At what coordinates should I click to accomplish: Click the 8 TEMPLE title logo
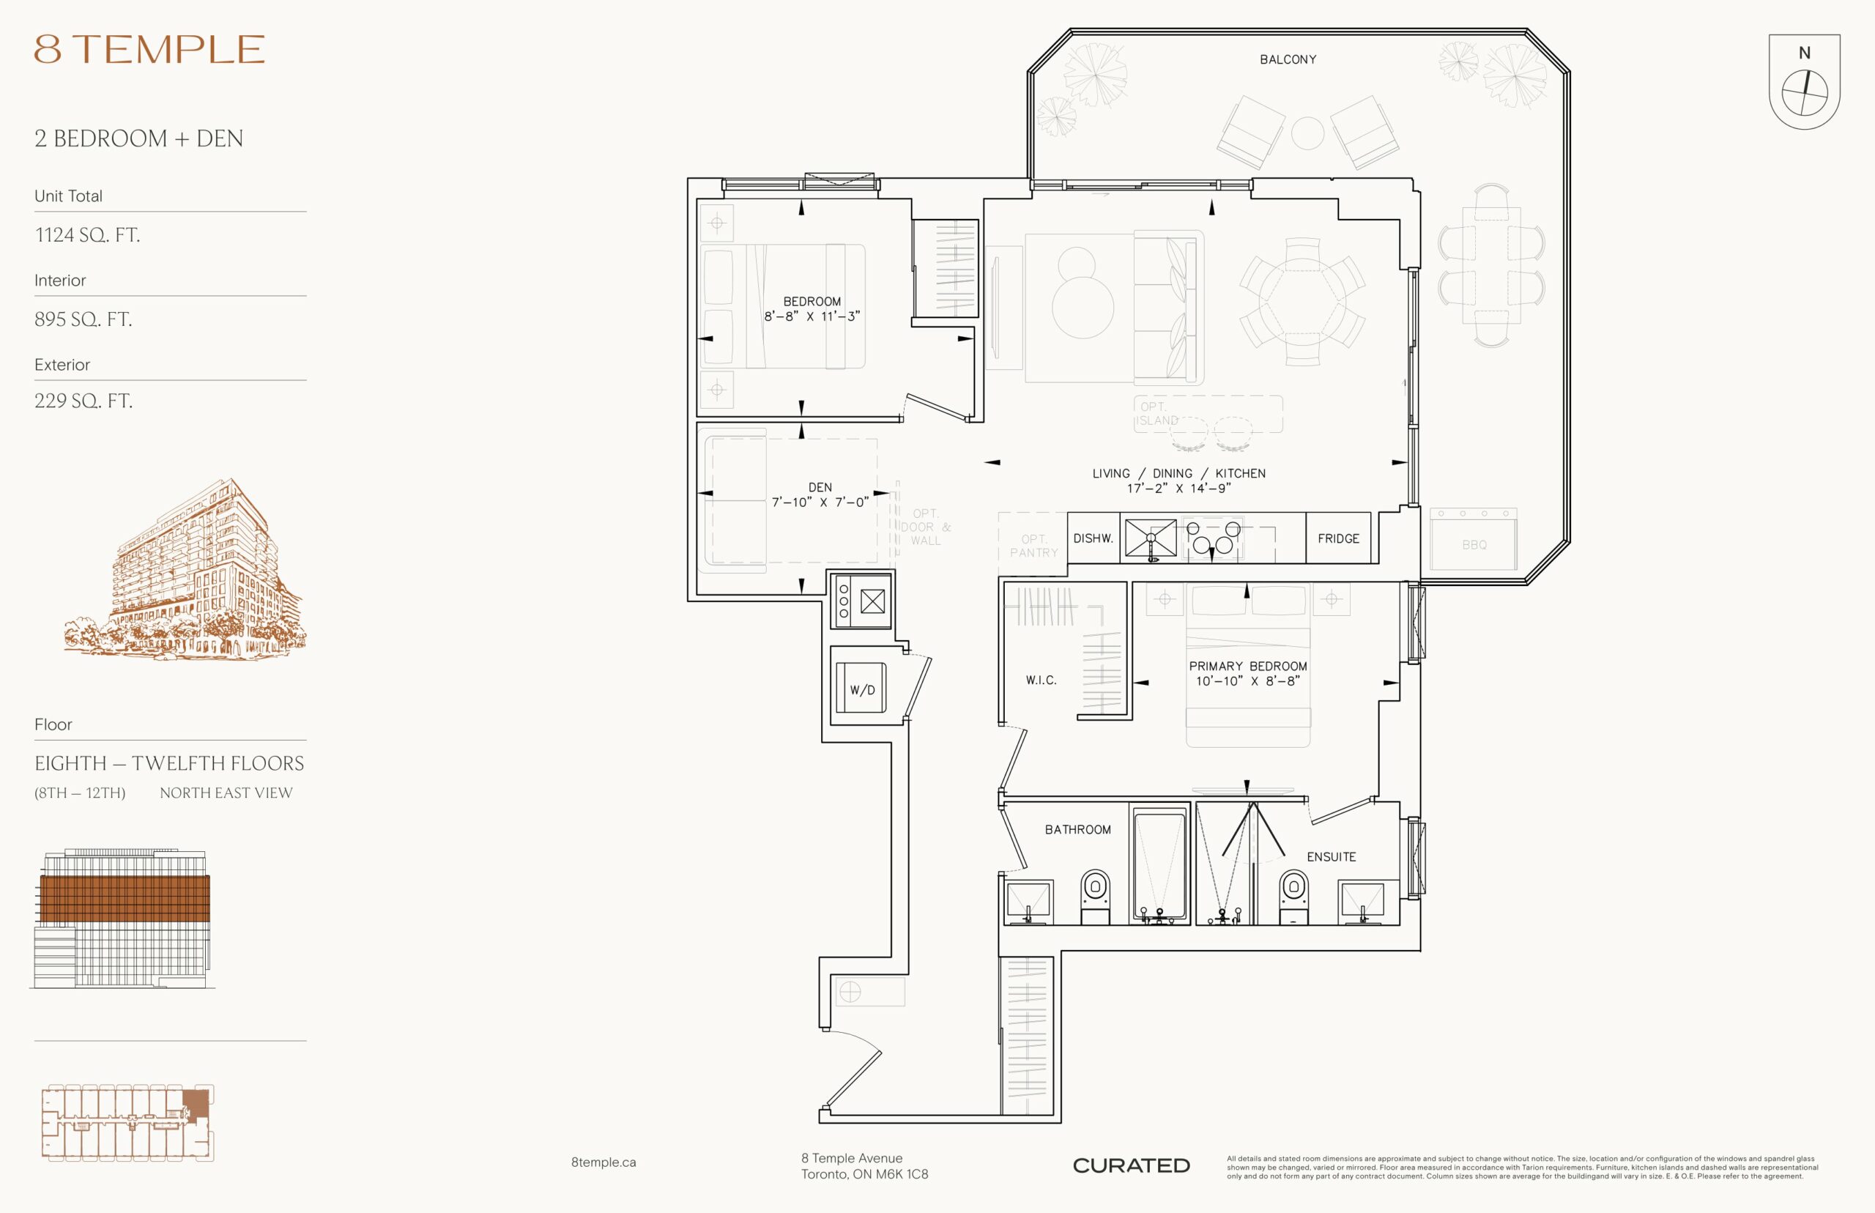(149, 49)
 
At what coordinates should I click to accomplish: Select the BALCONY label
(1288, 60)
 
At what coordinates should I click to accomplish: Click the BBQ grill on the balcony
(1474, 539)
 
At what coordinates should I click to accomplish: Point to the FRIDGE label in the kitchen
(1338, 539)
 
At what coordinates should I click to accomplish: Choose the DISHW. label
(1093, 539)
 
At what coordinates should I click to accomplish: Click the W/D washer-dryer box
(861, 688)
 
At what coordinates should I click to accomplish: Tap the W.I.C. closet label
(1041, 680)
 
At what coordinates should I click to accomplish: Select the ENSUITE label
(1331, 857)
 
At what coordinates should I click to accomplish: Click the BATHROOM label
(1077, 829)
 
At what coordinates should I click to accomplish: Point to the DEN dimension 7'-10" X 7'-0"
(820, 502)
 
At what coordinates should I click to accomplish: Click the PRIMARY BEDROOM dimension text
(1247, 680)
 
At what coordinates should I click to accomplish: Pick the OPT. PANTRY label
(1034, 546)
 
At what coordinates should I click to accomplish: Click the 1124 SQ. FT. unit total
(87, 234)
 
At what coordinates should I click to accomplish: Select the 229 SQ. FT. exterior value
(83, 401)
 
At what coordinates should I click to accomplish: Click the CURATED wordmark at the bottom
(1131, 1165)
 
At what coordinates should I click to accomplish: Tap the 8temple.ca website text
(604, 1162)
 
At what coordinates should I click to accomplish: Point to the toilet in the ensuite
(1294, 897)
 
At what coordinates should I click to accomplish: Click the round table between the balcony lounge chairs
(1307, 133)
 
